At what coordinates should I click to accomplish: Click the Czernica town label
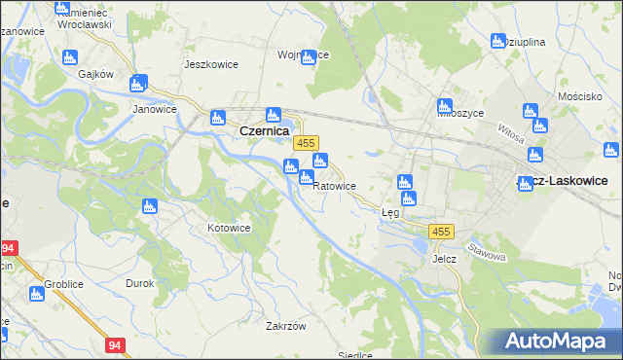(263, 129)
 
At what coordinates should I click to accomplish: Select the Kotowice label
(230, 228)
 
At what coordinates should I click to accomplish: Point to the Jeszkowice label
(205, 64)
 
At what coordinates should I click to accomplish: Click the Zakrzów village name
(286, 326)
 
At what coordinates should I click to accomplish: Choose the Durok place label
(139, 283)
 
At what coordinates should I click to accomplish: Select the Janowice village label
(154, 110)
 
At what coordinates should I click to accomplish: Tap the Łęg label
(390, 212)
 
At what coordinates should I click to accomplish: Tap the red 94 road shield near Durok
(116, 345)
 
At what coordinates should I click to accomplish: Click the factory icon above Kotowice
(149, 205)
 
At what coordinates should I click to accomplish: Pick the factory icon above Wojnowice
(309, 57)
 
